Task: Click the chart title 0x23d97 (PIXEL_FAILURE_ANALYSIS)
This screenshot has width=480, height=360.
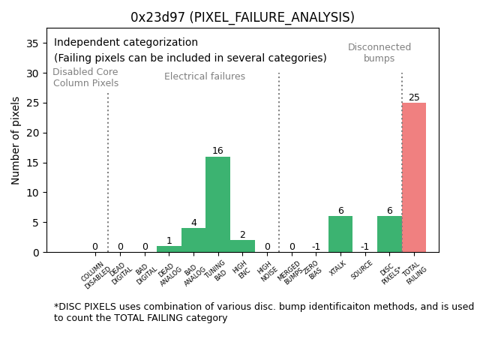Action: point(242,17)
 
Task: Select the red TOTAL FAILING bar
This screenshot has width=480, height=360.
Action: point(414,177)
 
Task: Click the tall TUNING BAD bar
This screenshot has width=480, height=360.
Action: point(217,204)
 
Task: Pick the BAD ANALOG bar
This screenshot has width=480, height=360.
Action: point(193,240)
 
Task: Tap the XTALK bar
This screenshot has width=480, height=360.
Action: point(340,234)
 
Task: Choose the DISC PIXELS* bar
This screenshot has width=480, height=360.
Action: point(389,234)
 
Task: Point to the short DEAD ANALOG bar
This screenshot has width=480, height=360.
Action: point(169,249)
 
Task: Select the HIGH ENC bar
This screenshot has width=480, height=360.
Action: point(242,246)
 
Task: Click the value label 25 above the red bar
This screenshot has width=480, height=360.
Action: point(414,97)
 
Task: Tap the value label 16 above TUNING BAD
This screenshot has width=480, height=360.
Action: point(217,151)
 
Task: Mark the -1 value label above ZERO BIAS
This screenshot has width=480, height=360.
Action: point(316,247)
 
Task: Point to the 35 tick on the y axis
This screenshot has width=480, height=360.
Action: point(33,43)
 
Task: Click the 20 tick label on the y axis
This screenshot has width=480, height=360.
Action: point(33,133)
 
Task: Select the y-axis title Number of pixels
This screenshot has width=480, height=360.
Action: point(16,140)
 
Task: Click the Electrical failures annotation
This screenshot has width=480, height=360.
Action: point(205,76)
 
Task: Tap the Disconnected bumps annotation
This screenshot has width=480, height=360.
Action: point(379,52)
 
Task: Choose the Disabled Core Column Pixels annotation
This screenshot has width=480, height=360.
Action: point(85,77)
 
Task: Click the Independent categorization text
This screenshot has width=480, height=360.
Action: point(126,43)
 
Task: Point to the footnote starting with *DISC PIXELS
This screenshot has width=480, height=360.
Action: point(263,312)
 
